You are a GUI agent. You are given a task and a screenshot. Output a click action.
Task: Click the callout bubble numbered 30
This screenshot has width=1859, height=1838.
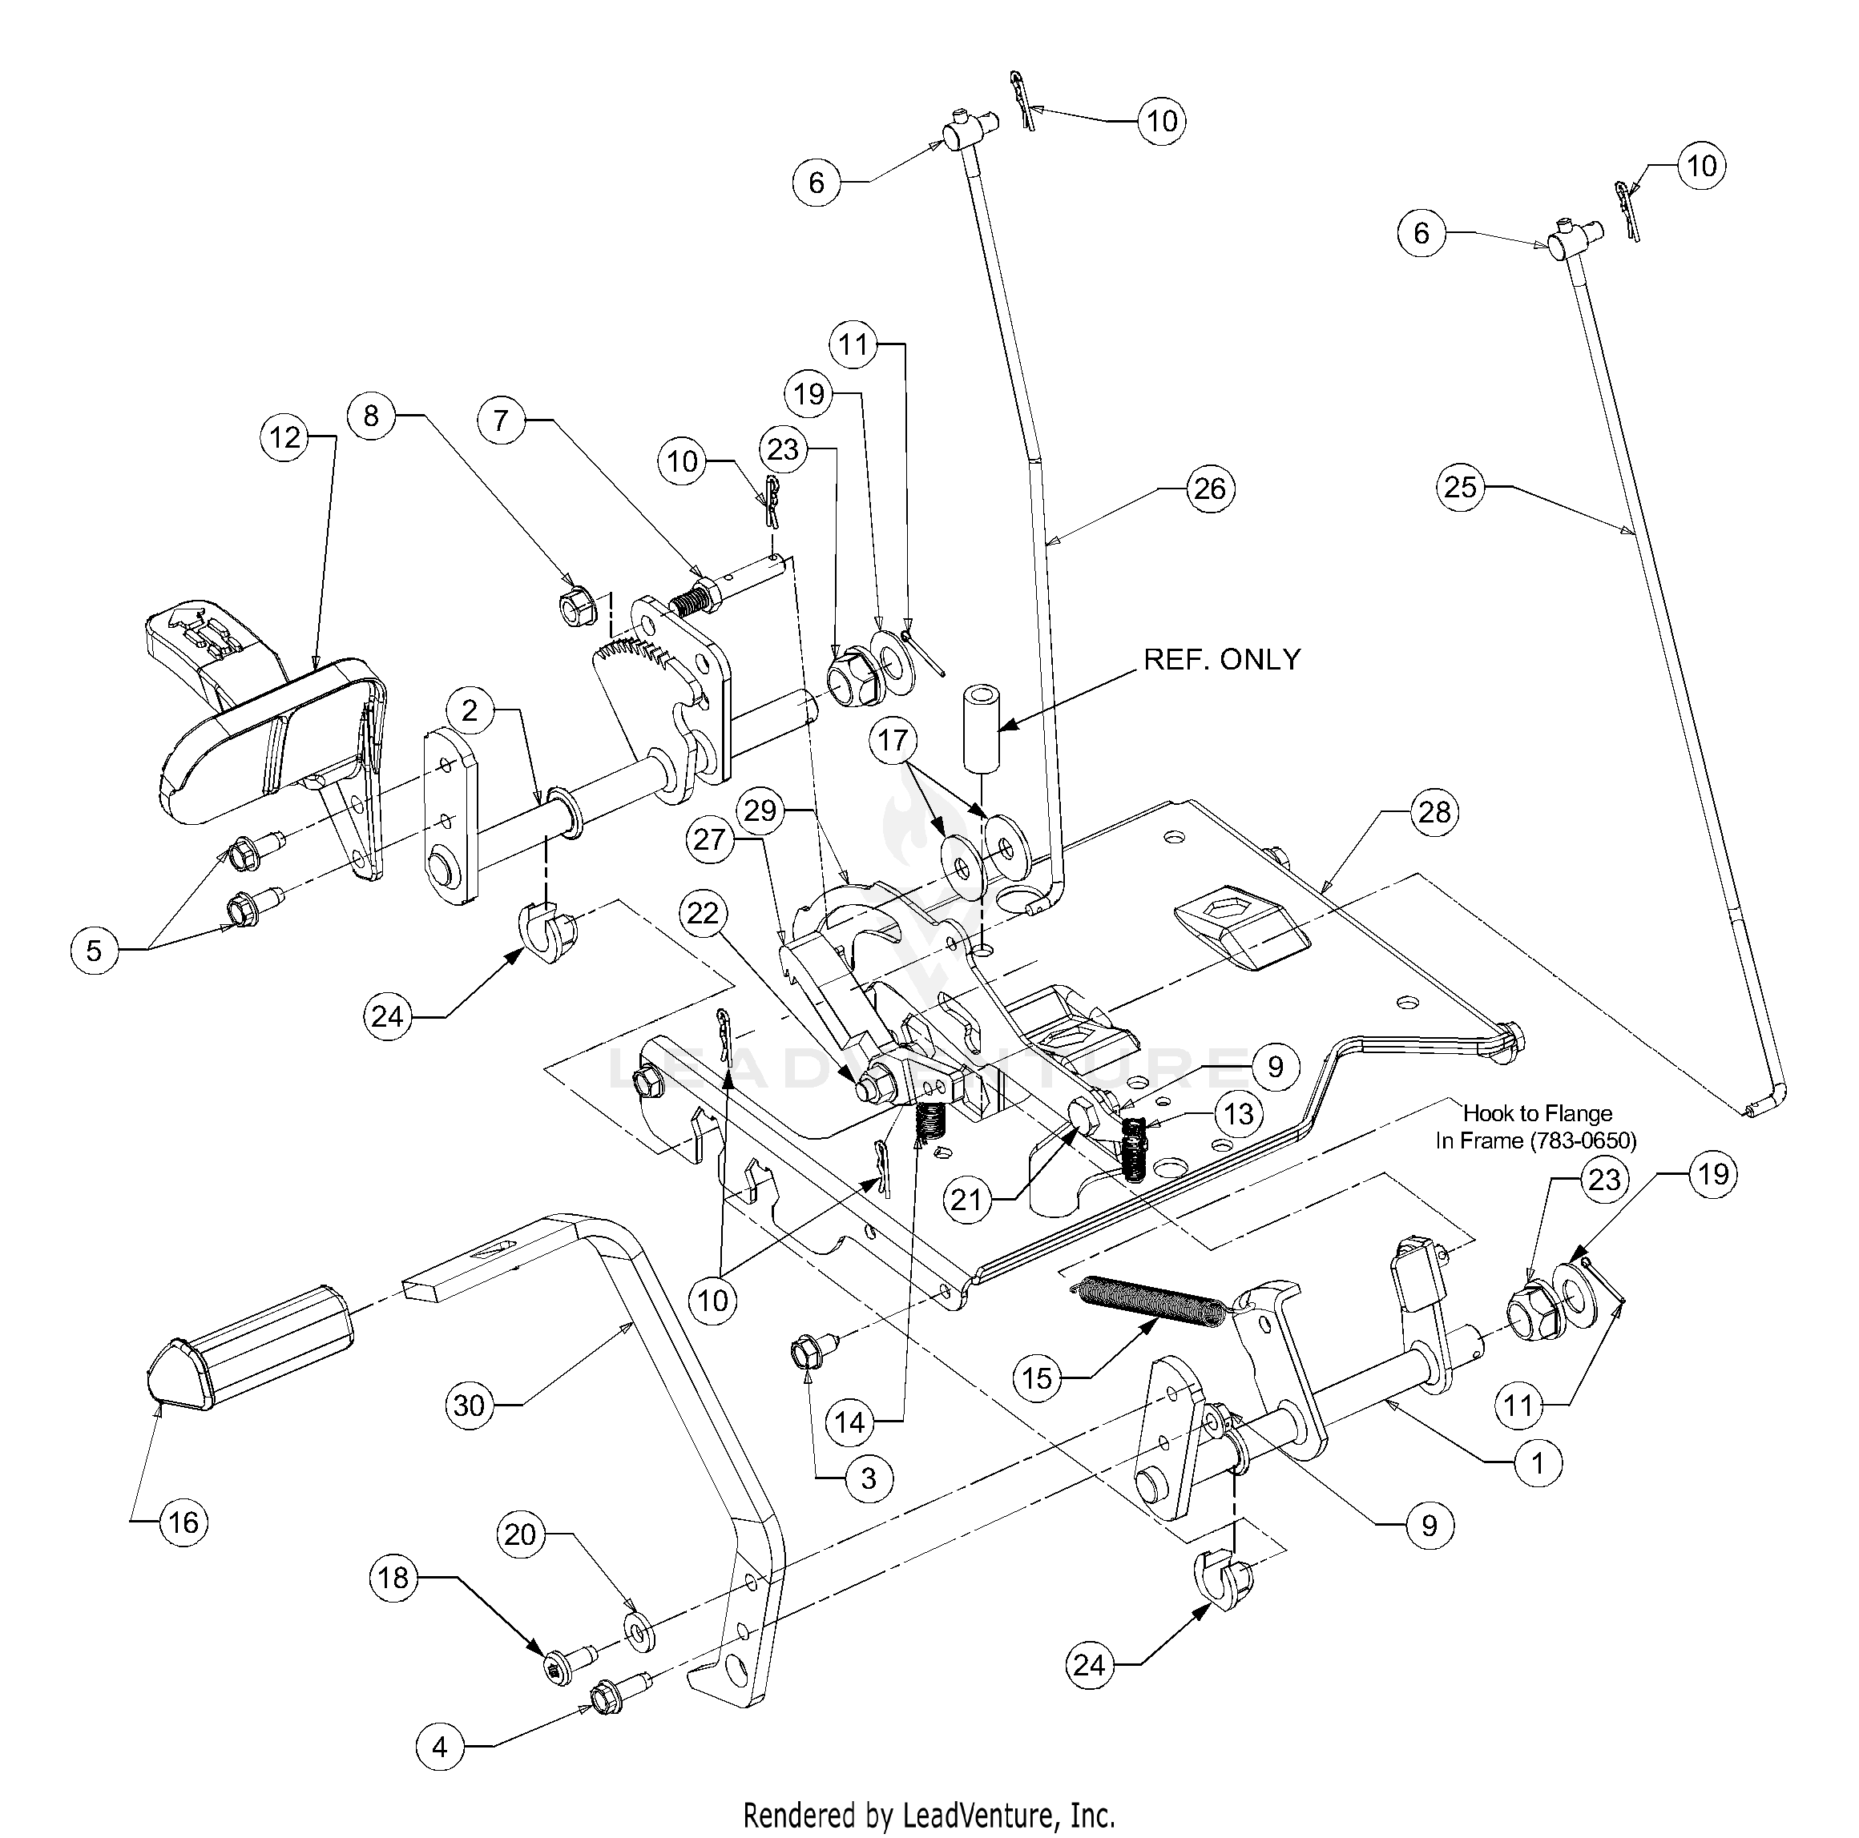470,1406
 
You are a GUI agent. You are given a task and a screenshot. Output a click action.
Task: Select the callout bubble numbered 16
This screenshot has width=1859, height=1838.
183,1522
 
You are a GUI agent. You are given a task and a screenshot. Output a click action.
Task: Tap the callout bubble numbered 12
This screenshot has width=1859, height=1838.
284,437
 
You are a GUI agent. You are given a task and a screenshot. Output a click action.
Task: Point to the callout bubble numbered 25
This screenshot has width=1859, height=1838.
1461,487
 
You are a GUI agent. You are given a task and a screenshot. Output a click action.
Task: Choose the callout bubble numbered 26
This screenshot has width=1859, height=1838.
1209,489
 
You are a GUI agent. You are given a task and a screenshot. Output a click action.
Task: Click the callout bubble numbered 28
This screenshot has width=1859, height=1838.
1434,812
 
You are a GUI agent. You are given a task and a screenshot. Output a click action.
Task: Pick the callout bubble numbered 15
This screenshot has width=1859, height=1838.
1037,1378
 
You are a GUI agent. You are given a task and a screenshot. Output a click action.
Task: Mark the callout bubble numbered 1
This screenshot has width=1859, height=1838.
1538,1463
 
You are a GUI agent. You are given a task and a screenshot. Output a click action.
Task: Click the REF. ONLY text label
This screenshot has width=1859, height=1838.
1221,659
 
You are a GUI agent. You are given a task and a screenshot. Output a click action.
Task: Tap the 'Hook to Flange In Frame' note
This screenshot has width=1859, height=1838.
1536,1126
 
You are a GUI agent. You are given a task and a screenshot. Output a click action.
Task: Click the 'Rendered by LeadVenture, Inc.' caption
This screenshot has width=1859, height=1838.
929,1815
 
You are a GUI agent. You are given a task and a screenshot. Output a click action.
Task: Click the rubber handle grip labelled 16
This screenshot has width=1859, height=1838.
250,1349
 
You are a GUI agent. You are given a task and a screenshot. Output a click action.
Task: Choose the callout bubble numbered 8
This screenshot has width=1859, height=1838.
370,416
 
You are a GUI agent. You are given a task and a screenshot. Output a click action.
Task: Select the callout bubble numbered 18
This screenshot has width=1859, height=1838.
393,1579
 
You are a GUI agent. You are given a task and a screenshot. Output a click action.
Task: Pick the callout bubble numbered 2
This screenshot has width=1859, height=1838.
470,710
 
